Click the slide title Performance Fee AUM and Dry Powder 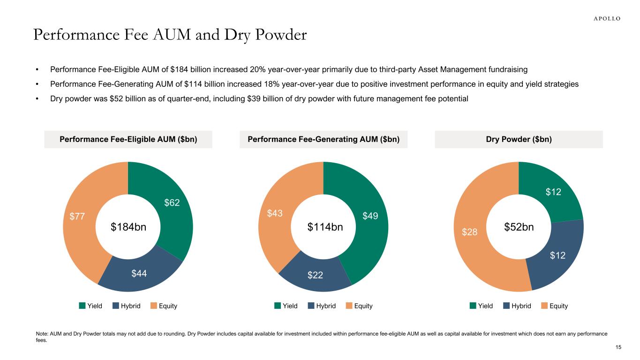click(x=170, y=35)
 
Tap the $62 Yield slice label click(x=172, y=203)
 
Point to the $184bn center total click(x=128, y=227)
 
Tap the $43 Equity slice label click(x=275, y=213)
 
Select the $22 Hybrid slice click(x=316, y=275)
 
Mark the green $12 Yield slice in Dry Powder click(x=553, y=192)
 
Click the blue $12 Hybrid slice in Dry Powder click(x=557, y=255)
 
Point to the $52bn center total click(x=519, y=227)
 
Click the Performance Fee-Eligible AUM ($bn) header click(x=128, y=139)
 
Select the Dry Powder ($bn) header click(x=519, y=139)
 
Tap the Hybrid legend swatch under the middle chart click(x=311, y=306)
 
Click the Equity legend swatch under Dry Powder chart click(x=544, y=306)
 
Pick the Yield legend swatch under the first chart click(x=83, y=306)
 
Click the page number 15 click(x=618, y=347)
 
